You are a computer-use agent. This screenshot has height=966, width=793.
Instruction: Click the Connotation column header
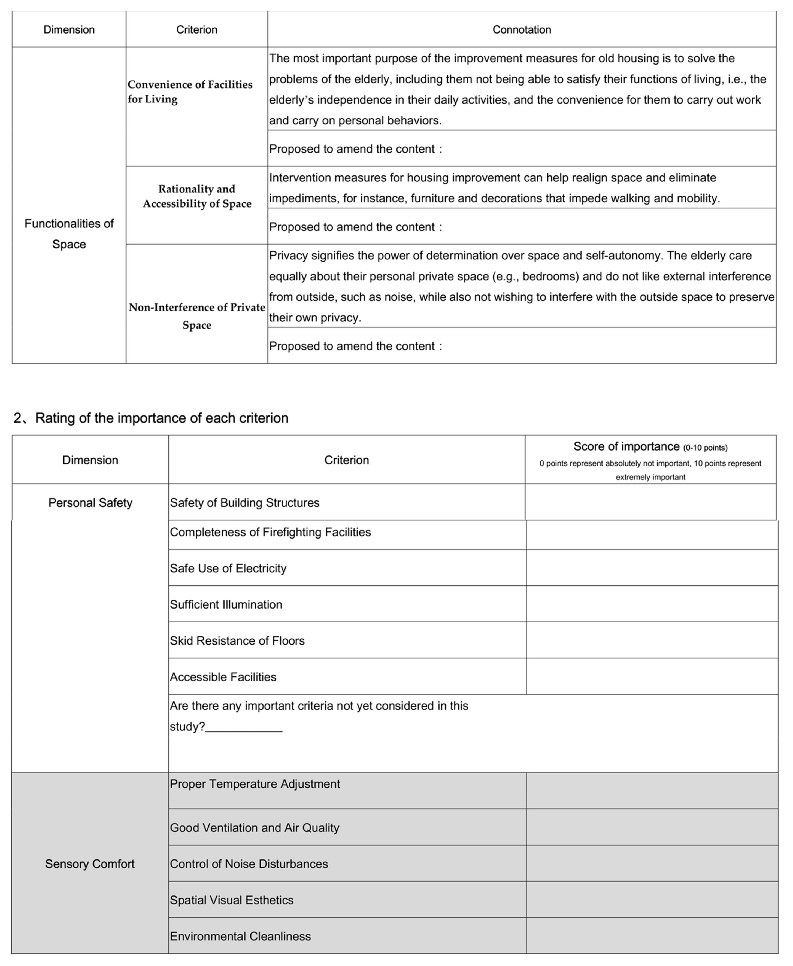521,30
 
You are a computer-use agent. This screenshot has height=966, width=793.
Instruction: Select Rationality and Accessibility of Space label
197,196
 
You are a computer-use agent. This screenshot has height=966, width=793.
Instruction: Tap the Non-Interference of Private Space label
197,316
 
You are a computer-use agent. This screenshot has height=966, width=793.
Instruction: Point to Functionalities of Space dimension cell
69,234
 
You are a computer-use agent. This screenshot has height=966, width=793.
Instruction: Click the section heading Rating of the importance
161,418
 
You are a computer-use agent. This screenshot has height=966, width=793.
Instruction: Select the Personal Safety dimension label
90,503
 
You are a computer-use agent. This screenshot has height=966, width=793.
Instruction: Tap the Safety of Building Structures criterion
244,503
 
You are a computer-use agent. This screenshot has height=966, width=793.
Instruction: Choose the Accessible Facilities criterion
223,677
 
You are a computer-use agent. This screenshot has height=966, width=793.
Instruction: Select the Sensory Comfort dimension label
90,864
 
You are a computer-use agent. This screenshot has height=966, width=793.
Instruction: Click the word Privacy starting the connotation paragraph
288,256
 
